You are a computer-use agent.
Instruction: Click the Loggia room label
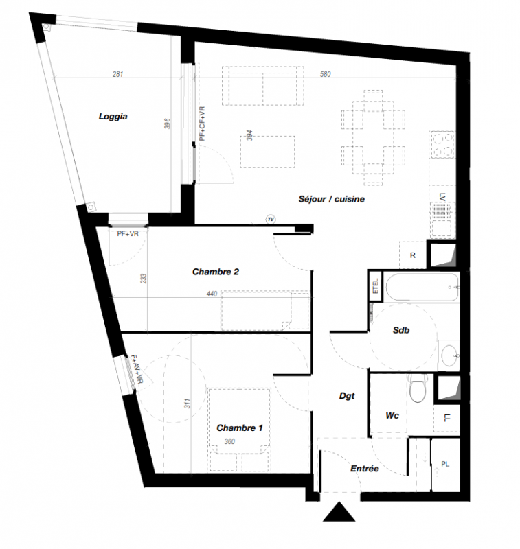point(113,117)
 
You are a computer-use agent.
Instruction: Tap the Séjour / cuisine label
point(332,199)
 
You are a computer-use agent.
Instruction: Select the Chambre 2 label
point(216,272)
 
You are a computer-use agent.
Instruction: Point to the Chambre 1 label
point(239,428)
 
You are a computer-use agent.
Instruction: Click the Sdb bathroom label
point(401,330)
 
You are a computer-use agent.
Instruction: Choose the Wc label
point(392,416)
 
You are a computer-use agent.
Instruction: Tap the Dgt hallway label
point(347,396)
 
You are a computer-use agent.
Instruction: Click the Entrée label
point(365,469)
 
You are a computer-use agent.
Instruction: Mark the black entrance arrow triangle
point(339,512)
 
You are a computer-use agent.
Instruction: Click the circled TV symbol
point(271,220)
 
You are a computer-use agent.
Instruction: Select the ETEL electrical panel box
point(376,286)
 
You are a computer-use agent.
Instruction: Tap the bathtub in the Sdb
point(422,288)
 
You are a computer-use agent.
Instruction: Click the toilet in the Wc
point(418,388)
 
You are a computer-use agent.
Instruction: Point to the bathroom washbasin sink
point(449,355)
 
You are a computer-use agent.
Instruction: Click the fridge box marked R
point(412,255)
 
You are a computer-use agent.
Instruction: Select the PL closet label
point(445,465)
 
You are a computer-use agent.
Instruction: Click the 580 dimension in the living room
point(325,74)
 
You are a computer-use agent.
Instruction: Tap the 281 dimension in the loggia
point(117,74)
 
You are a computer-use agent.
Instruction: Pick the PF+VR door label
point(128,234)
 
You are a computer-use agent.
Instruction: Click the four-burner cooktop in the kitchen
point(442,145)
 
